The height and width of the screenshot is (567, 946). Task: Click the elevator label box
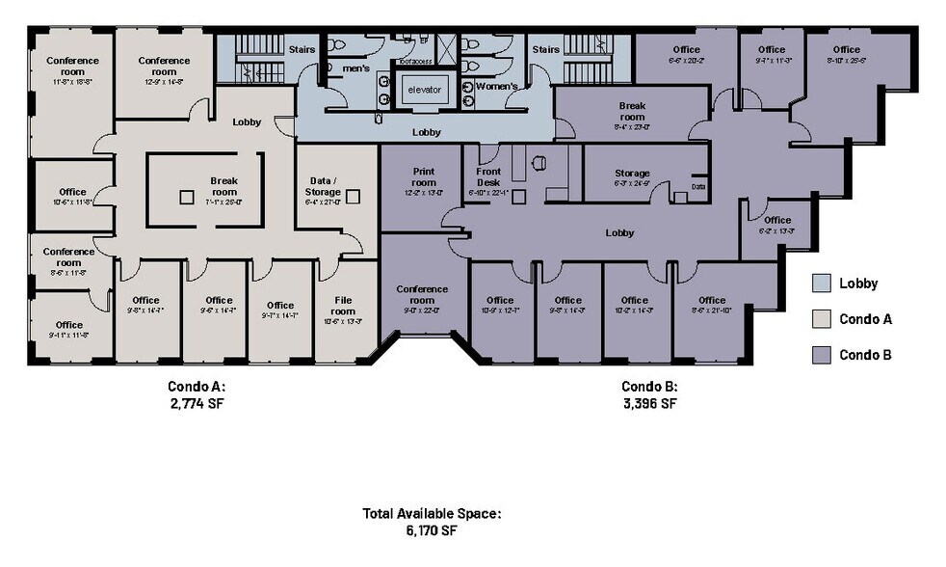point(424,90)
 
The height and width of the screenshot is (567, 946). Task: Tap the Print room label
point(423,176)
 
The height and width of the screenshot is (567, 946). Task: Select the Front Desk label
point(488,177)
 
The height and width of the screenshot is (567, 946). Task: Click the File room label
point(343,305)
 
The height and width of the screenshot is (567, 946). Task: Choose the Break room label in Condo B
point(632,111)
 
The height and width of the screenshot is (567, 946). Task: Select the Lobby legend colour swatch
point(821,283)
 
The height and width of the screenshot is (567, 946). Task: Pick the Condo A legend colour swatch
point(821,319)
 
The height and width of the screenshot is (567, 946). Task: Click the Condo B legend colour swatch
point(821,354)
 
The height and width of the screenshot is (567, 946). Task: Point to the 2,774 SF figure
point(197,403)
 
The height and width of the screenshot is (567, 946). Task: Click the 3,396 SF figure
point(648,403)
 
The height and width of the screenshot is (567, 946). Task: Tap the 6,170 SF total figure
point(432,530)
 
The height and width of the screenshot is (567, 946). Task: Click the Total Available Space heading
point(432,514)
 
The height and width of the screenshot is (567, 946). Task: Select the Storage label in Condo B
point(632,174)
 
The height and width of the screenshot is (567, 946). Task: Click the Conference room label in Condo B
point(422,294)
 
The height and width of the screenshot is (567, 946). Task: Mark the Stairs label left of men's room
point(302,48)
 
